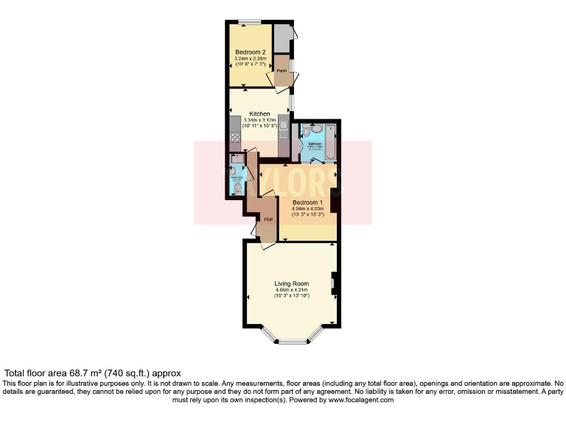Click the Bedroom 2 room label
250,52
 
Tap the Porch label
281,71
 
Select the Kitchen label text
259,114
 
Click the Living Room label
291,283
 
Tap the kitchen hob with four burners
236,136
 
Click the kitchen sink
283,129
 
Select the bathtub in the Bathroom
331,143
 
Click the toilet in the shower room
237,188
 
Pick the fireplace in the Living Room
334,283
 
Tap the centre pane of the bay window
292,340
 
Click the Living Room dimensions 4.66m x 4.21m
291,290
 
